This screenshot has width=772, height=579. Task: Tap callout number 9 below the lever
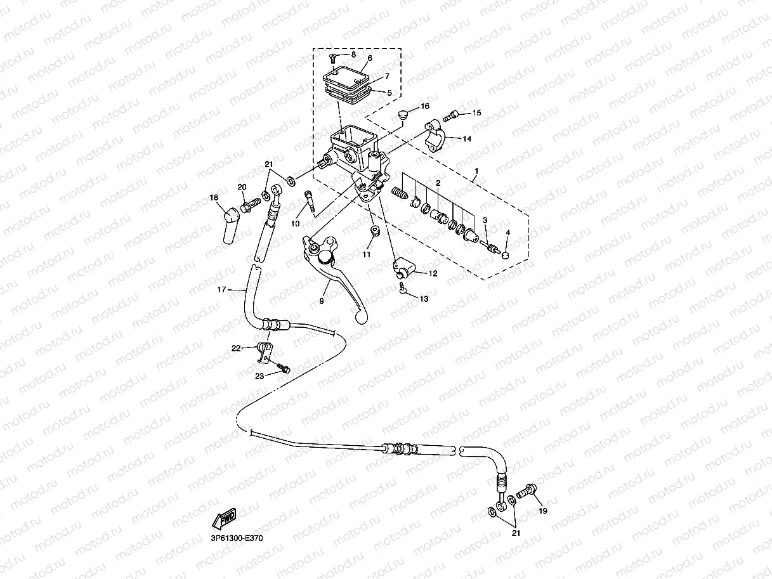point(322,301)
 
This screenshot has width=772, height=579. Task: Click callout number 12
point(433,274)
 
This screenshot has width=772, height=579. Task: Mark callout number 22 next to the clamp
point(236,348)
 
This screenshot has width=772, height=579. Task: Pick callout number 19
point(542,510)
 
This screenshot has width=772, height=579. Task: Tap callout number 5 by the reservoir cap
point(389,93)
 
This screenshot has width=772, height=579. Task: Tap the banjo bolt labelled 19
point(527,491)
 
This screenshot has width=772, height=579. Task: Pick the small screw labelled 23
point(282,368)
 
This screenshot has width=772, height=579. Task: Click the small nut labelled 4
point(506,254)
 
